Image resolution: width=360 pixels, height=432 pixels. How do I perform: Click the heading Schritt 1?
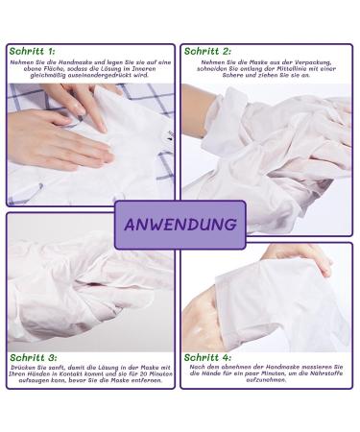point(31,49)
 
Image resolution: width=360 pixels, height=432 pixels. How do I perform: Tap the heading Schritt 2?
point(207,50)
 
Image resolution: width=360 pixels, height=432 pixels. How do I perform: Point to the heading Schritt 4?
point(207,356)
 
